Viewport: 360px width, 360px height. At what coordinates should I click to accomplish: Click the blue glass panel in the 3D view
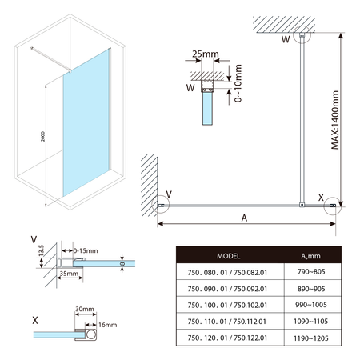(85, 128)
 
